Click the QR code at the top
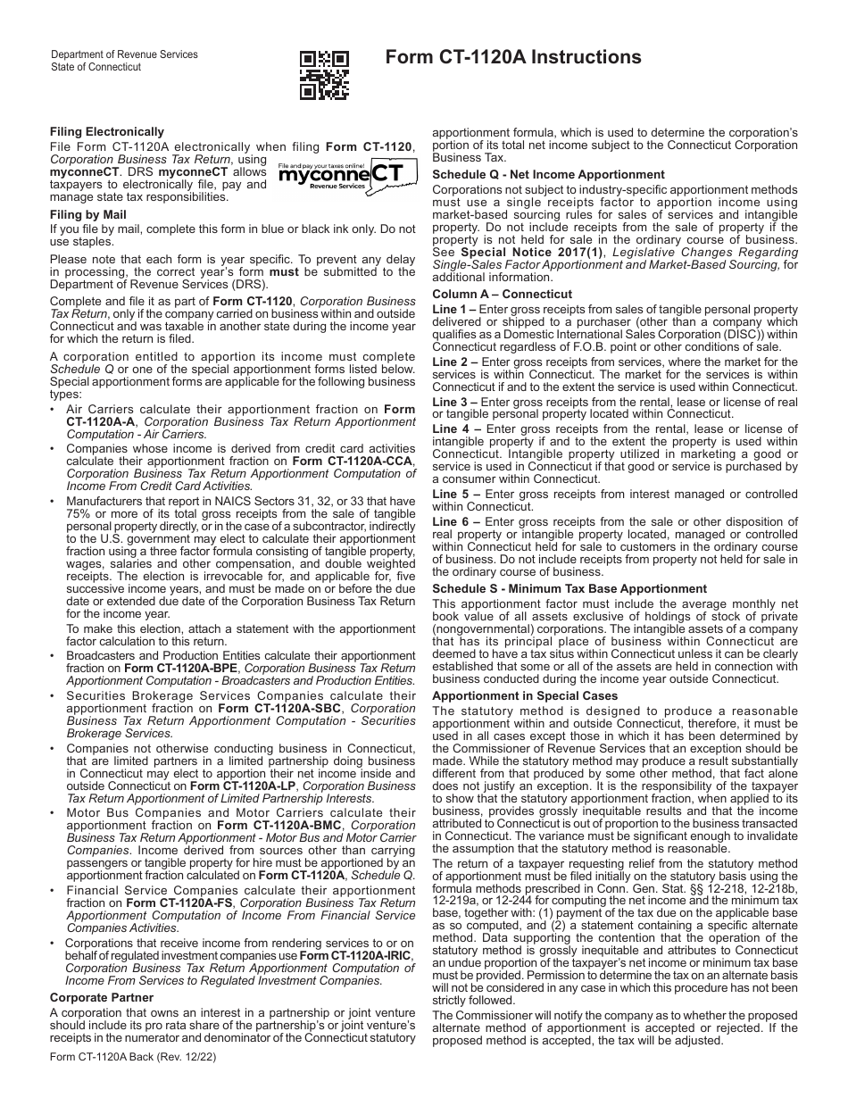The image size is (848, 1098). pyautogui.click(x=324, y=74)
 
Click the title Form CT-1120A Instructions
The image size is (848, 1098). pyautogui.click(x=513, y=57)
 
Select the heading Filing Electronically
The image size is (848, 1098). pyautogui.click(x=107, y=131)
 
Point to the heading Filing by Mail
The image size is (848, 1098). pyautogui.click(x=88, y=215)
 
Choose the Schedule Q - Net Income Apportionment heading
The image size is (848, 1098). pyautogui.click(x=548, y=175)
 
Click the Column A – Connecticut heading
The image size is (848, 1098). pyautogui.click(x=502, y=294)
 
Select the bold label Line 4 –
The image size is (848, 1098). pyautogui.click(x=456, y=429)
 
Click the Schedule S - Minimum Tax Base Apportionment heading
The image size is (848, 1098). pyautogui.click(x=569, y=589)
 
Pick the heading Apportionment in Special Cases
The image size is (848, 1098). pyautogui.click(x=525, y=695)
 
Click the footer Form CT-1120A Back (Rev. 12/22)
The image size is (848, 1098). pyautogui.click(x=133, y=1057)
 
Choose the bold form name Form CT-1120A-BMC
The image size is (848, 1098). pyautogui.click(x=275, y=826)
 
